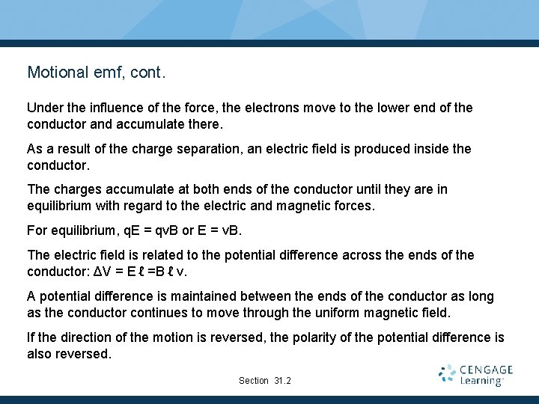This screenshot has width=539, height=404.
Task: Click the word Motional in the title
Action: click(57, 73)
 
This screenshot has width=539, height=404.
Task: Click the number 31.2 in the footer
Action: click(282, 381)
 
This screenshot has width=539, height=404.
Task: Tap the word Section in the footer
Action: click(254, 381)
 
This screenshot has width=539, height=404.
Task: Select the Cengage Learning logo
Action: click(476, 375)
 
